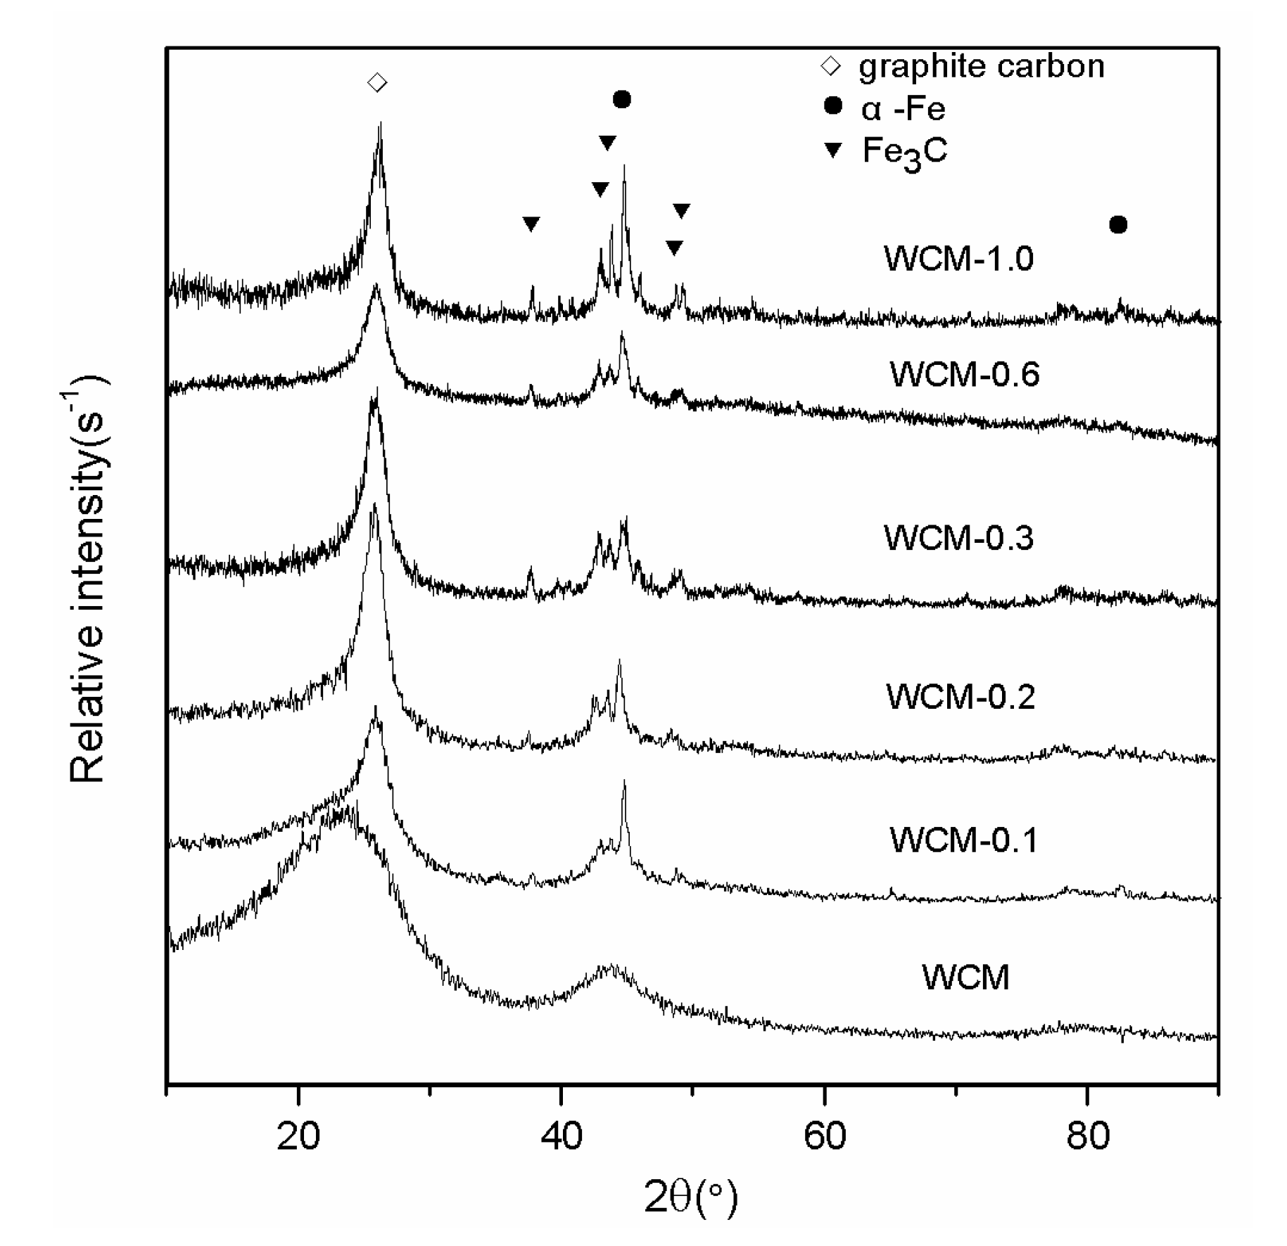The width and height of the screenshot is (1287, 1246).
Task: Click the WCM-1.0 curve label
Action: click(x=958, y=259)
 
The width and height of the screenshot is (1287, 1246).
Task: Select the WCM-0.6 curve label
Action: click(x=964, y=374)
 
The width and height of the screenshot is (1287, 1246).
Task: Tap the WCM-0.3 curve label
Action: click(x=958, y=538)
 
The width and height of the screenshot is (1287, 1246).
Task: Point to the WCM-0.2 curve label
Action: click(x=961, y=697)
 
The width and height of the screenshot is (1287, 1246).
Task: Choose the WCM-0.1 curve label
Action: click(x=963, y=840)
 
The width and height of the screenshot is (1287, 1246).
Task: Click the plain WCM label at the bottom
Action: click(x=965, y=977)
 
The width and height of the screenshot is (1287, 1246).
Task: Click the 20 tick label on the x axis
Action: click(x=298, y=1136)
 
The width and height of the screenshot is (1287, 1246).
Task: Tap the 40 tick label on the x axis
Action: click(x=562, y=1136)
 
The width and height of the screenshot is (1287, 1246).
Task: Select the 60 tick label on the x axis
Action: click(x=824, y=1136)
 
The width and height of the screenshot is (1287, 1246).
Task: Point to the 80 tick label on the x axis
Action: click(x=1087, y=1136)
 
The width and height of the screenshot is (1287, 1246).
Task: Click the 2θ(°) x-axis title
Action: click(x=690, y=1199)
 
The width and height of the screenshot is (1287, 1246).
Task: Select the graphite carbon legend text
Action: click(x=981, y=66)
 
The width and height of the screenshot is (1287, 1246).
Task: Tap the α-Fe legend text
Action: click(x=903, y=108)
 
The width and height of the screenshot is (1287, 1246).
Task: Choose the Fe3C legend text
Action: click(x=905, y=150)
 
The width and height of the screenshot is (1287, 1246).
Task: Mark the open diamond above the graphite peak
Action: click(x=377, y=83)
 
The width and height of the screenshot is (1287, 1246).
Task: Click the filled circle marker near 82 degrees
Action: click(x=1118, y=225)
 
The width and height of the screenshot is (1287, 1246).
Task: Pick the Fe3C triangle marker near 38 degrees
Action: click(x=531, y=224)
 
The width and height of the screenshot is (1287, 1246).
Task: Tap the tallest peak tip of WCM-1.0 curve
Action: click(x=380, y=124)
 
